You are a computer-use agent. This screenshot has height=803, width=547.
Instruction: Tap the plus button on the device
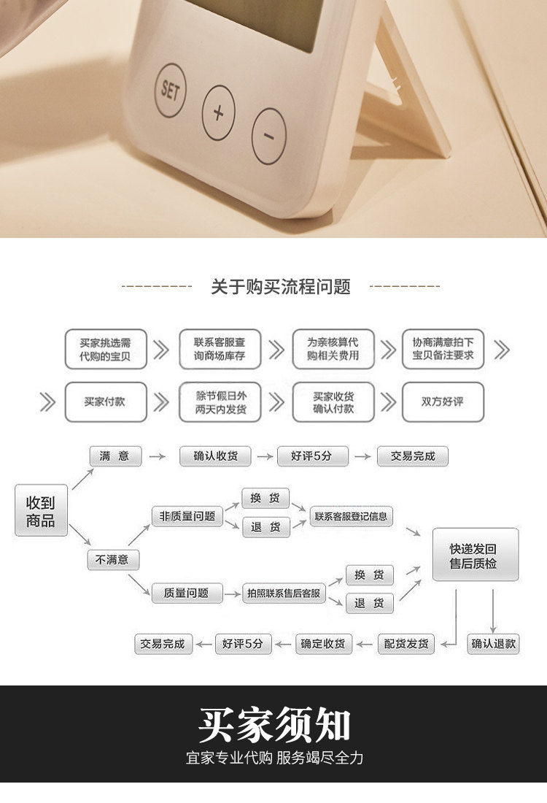click(218, 112)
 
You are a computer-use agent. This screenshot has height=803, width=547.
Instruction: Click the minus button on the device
click(268, 137)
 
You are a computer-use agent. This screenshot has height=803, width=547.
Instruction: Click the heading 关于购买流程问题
click(281, 287)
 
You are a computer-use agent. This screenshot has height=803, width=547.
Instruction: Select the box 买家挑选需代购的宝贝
click(105, 349)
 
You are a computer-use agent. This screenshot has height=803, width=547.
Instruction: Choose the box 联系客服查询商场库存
click(220, 349)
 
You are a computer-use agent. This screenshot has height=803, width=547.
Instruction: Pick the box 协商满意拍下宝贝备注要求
click(443, 349)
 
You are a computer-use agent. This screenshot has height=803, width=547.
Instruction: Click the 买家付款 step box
click(105, 401)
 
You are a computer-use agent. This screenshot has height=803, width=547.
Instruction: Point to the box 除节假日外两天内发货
click(220, 401)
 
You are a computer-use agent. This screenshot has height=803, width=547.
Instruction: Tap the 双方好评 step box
click(443, 401)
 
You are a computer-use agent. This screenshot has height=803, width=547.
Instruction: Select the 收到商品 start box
click(41, 511)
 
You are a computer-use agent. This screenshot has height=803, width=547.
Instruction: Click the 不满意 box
click(112, 560)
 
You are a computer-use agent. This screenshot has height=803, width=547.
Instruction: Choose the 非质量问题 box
click(187, 516)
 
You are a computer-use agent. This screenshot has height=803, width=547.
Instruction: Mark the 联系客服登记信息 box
click(352, 516)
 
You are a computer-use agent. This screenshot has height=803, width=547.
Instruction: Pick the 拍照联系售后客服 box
click(284, 593)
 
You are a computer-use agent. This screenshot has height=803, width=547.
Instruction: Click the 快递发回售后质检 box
click(475, 555)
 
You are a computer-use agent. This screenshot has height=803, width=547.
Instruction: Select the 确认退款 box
click(493, 644)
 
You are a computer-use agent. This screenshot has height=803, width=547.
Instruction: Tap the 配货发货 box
click(406, 644)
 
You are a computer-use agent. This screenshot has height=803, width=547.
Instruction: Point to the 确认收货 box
click(215, 457)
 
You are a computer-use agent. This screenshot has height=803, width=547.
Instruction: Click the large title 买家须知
click(274, 725)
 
